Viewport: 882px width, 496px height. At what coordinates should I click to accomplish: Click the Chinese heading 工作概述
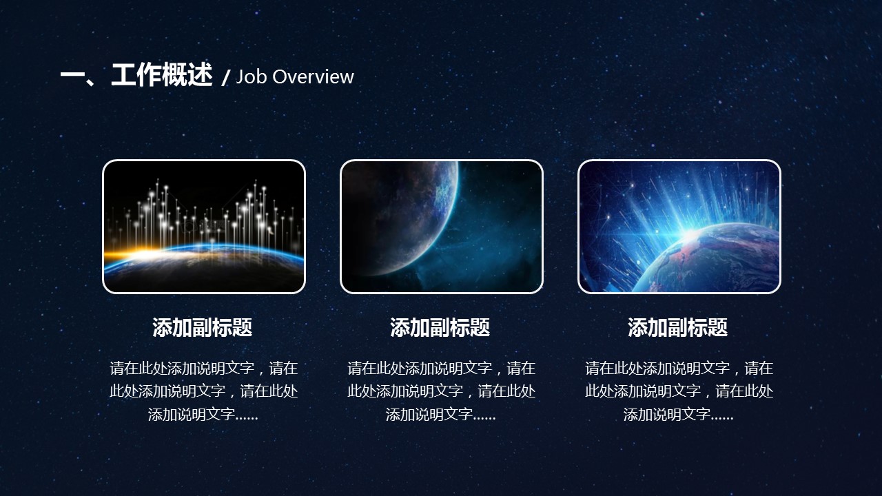click(162, 75)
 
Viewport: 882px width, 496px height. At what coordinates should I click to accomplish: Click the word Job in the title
click(252, 76)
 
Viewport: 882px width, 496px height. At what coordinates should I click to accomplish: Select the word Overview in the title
click(313, 76)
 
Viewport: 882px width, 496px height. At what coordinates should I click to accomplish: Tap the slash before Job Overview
click(225, 78)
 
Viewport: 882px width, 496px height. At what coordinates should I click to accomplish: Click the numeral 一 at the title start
click(75, 75)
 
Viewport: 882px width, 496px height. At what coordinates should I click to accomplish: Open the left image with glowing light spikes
click(204, 227)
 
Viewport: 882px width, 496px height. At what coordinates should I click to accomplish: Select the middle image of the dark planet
click(442, 227)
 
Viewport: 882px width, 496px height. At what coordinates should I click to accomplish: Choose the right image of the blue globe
click(679, 227)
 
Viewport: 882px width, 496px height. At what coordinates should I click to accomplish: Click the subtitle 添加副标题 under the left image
click(203, 327)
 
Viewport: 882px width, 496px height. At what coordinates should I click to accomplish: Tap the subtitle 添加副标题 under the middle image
click(440, 327)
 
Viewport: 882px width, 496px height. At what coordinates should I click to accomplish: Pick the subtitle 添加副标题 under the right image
click(677, 327)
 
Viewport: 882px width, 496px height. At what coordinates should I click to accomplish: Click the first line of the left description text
click(204, 369)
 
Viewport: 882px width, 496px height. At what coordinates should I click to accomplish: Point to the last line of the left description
click(203, 415)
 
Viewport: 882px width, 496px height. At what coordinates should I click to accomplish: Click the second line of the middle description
click(442, 391)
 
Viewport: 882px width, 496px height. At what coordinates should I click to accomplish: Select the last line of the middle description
click(440, 415)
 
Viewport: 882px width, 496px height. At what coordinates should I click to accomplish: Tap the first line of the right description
click(679, 369)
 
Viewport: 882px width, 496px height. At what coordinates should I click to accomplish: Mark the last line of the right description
click(679, 415)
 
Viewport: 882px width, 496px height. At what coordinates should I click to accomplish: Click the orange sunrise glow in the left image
click(130, 254)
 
